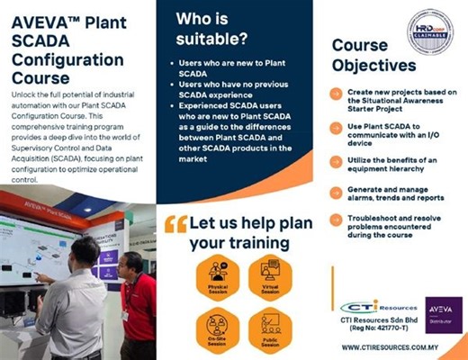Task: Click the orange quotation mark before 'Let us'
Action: click(176, 225)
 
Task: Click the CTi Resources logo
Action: click(377, 310)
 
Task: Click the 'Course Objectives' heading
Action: click(373, 56)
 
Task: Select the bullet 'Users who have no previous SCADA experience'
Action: click(235, 88)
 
